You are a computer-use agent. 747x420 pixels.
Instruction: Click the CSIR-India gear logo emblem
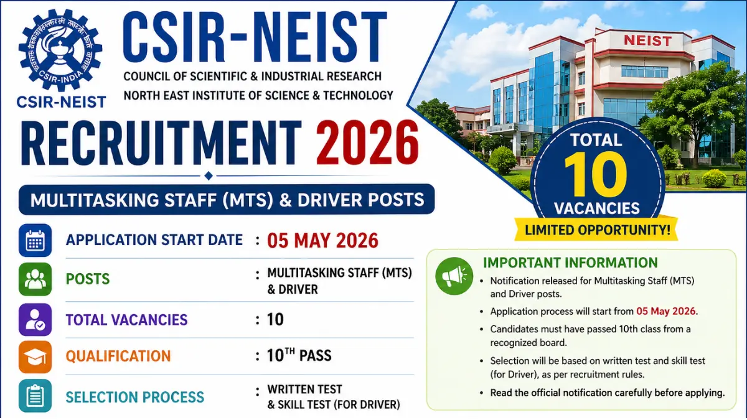(x=60, y=49)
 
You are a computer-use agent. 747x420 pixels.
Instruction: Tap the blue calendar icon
(x=35, y=241)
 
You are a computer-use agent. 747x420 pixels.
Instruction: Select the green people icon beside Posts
(x=35, y=279)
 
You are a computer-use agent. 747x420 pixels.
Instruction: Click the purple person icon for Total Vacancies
(x=35, y=320)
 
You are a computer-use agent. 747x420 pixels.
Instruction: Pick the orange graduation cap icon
(x=35, y=357)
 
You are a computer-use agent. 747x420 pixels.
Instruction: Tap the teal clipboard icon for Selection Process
(x=35, y=396)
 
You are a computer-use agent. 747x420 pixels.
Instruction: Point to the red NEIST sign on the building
(x=647, y=41)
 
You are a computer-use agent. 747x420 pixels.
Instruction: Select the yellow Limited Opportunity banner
(x=597, y=230)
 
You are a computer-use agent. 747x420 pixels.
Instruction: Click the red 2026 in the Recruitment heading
(x=367, y=142)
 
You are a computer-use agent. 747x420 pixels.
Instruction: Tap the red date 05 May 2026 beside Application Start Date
(x=322, y=240)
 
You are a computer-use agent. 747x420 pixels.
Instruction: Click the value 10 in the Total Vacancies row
(x=275, y=320)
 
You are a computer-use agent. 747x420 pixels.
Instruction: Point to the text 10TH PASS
(x=299, y=356)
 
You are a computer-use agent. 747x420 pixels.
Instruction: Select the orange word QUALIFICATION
(x=118, y=357)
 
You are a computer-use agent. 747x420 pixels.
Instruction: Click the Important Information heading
(x=570, y=263)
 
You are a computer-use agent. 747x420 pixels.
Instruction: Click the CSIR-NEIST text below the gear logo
(x=61, y=101)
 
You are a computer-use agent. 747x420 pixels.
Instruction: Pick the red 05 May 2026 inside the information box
(x=666, y=311)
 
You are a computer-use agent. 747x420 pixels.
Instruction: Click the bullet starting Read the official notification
(x=607, y=393)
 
